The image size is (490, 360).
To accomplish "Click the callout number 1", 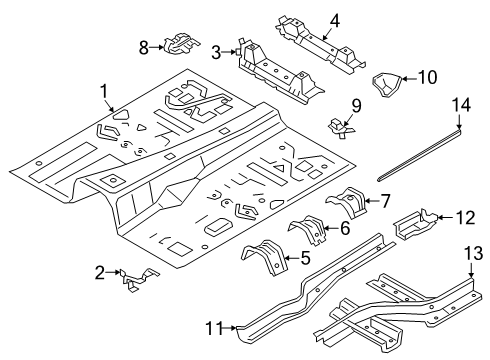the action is (x=104, y=91).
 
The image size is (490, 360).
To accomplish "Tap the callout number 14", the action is (x=461, y=105).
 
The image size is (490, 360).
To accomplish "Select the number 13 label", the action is (x=473, y=253).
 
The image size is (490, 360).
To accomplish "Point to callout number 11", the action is (x=214, y=329).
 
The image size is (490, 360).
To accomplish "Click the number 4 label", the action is (x=334, y=21).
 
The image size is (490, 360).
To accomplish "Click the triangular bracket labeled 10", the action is (x=386, y=83).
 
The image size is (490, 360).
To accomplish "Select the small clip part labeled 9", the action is (x=341, y=129).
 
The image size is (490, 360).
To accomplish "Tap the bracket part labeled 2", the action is (x=139, y=279).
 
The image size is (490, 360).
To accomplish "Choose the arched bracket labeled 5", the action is (x=264, y=257).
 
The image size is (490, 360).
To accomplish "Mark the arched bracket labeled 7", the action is (x=347, y=202).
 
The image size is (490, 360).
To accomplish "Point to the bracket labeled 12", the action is (x=415, y=223).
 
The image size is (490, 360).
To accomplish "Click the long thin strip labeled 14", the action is (x=420, y=156).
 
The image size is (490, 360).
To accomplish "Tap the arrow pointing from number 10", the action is (x=408, y=79).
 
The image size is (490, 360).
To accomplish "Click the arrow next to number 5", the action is (x=292, y=258).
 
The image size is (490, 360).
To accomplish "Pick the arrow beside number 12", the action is (x=445, y=217).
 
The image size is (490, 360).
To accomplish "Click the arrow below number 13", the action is (x=471, y=270).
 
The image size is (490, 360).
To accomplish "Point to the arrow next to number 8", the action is (x=156, y=47).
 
